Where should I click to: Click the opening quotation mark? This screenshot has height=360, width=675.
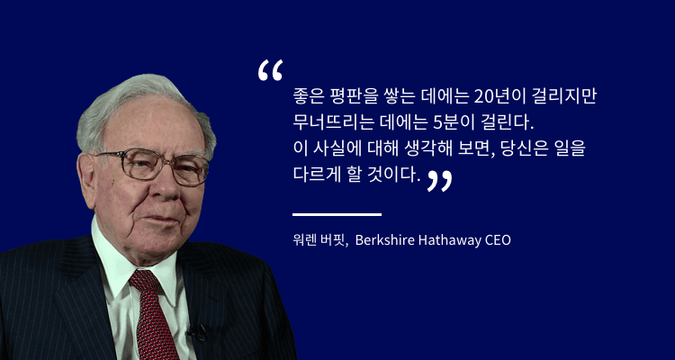click(x=270, y=71)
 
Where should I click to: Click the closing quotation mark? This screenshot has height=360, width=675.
click(x=439, y=180)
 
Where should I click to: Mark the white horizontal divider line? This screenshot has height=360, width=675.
click(x=337, y=214)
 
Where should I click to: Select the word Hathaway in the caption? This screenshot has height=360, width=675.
click(x=450, y=240)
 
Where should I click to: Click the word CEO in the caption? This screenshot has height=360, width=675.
click(x=498, y=240)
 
